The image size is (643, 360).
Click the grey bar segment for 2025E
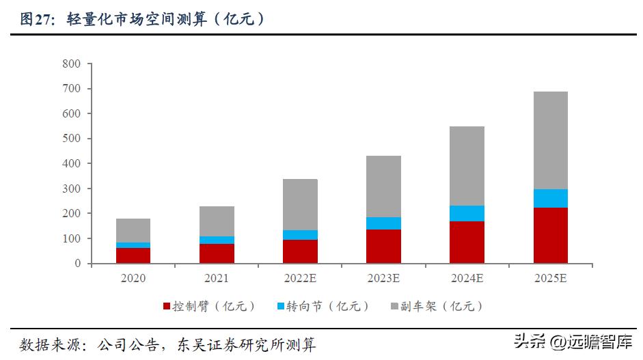(x=550, y=140)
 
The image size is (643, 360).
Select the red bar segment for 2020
(x=133, y=255)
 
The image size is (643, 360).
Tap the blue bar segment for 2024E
(x=467, y=213)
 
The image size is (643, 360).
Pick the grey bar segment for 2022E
(x=300, y=204)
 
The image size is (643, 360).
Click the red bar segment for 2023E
(x=383, y=246)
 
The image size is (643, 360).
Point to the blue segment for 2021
(x=217, y=240)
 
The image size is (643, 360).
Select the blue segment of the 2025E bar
(x=550, y=198)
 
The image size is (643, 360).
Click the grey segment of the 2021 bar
(x=217, y=221)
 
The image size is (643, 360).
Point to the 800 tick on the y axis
(x=71, y=64)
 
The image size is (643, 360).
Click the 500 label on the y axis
(x=71, y=139)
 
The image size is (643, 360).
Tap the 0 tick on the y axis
(x=77, y=264)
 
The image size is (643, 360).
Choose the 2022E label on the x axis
(x=300, y=279)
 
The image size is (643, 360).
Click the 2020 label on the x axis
(x=133, y=279)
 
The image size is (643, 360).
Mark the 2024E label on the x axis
(x=467, y=279)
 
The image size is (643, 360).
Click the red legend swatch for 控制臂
(x=167, y=307)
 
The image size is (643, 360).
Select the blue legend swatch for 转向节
(x=281, y=307)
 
